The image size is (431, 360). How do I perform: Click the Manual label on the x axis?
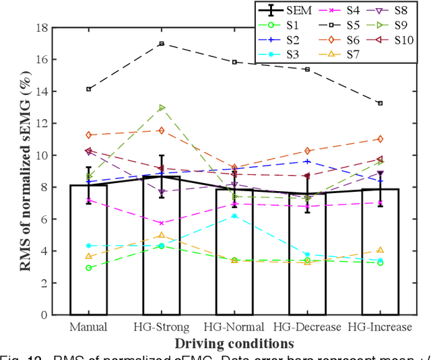pyautogui.click(x=88, y=327)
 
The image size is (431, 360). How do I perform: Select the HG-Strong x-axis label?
pyautogui.click(x=161, y=327)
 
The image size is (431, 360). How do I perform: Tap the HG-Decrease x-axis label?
pyautogui.click(x=306, y=327)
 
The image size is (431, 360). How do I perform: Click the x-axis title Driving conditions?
pyautogui.click(x=234, y=343)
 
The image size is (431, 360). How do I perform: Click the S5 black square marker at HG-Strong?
pyautogui.click(x=161, y=44)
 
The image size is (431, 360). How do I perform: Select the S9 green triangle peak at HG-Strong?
pyautogui.click(x=161, y=108)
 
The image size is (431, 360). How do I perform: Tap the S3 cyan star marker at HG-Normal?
pyautogui.click(x=234, y=215)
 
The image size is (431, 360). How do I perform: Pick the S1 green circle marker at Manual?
pyautogui.click(x=88, y=268)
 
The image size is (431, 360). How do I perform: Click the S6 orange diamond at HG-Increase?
pyautogui.click(x=380, y=139)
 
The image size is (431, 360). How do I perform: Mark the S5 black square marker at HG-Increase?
pyautogui.click(x=380, y=103)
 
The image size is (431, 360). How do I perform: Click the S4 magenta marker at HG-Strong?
pyautogui.click(x=161, y=223)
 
